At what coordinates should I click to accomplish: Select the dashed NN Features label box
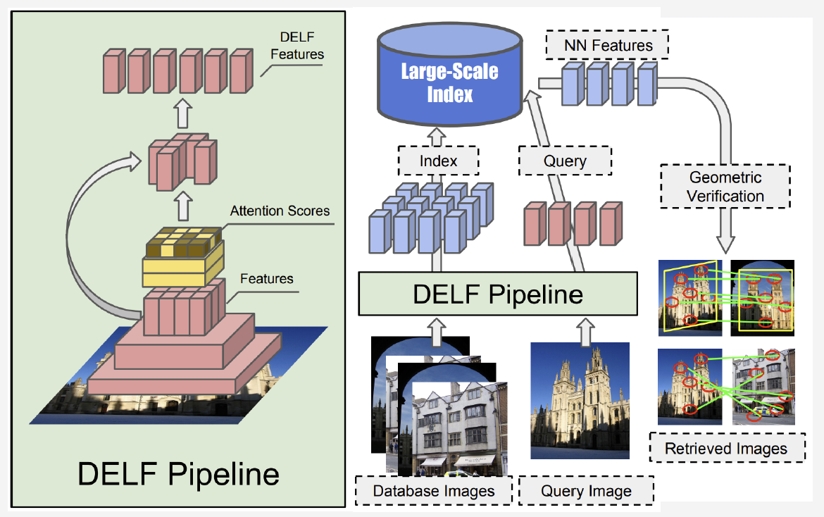pyautogui.click(x=606, y=46)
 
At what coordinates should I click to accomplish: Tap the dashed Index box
pyautogui.click(x=438, y=161)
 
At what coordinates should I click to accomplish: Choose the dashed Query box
pyautogui.click(x=565, y=161)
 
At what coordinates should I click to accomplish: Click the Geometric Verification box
pyautogui.click(x=725, y=187)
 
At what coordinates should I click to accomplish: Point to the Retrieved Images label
pyautogui.click(x=726, y=449)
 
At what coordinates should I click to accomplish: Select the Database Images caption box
pyautogui.click(x=433, y=490)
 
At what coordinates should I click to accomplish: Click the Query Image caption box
pyautogui.click(x=586, y=490)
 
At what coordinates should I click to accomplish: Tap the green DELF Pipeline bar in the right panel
pyautogui.click(x=497, y=294)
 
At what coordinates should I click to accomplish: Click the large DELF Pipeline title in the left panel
pyautogui.click(x=178, y=473)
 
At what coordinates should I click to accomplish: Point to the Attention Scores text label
pyautogui.click(x=280, y=211)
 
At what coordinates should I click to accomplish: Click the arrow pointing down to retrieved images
pyautogui.click(x=725, y=236)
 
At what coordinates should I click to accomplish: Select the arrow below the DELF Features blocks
pyautogui.click(x=182, y=111)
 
